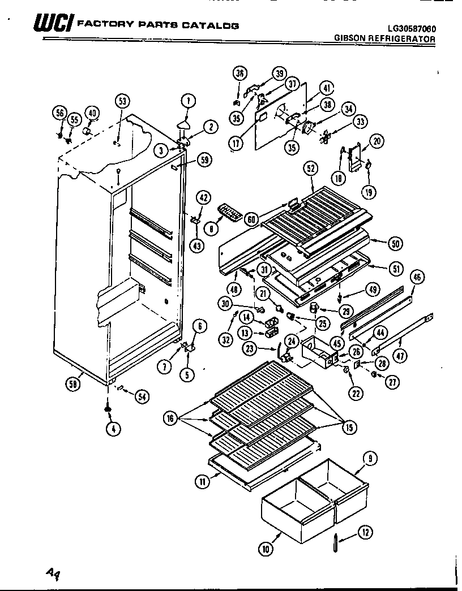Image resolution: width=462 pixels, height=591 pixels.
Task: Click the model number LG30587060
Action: [412, 29]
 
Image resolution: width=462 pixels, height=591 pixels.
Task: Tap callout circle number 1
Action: [187, 101]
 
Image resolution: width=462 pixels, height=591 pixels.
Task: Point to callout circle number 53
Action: [122, 101]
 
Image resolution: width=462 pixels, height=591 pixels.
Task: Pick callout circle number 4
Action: [112, 428]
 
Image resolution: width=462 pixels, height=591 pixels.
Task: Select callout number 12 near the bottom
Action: [365, 532]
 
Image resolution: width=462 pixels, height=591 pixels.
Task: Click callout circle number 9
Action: [369, 460]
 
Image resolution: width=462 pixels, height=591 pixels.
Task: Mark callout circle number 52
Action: [310, 169]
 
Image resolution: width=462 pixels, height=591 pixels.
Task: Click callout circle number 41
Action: [326, 88]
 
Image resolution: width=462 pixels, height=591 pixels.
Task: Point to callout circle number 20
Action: [377, 141]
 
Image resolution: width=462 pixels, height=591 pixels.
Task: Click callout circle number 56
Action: [59, 113]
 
